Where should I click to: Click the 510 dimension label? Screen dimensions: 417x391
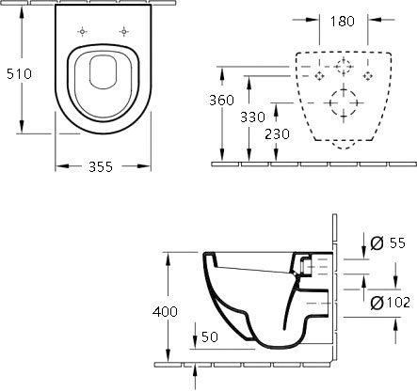point(19,74)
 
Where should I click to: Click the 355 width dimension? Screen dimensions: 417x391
point(101,166)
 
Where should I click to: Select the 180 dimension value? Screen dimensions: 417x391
point(343,21)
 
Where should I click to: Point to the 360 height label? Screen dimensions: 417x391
point(221,100)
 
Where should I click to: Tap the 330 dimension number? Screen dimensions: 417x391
point(252,117)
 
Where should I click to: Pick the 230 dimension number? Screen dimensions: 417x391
point(277,134)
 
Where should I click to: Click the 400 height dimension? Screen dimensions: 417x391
point(165,311)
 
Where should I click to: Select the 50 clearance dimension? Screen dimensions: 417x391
point(210,336)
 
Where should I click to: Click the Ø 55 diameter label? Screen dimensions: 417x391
point(388,242)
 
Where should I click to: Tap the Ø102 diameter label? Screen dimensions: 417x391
point(390,303)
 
